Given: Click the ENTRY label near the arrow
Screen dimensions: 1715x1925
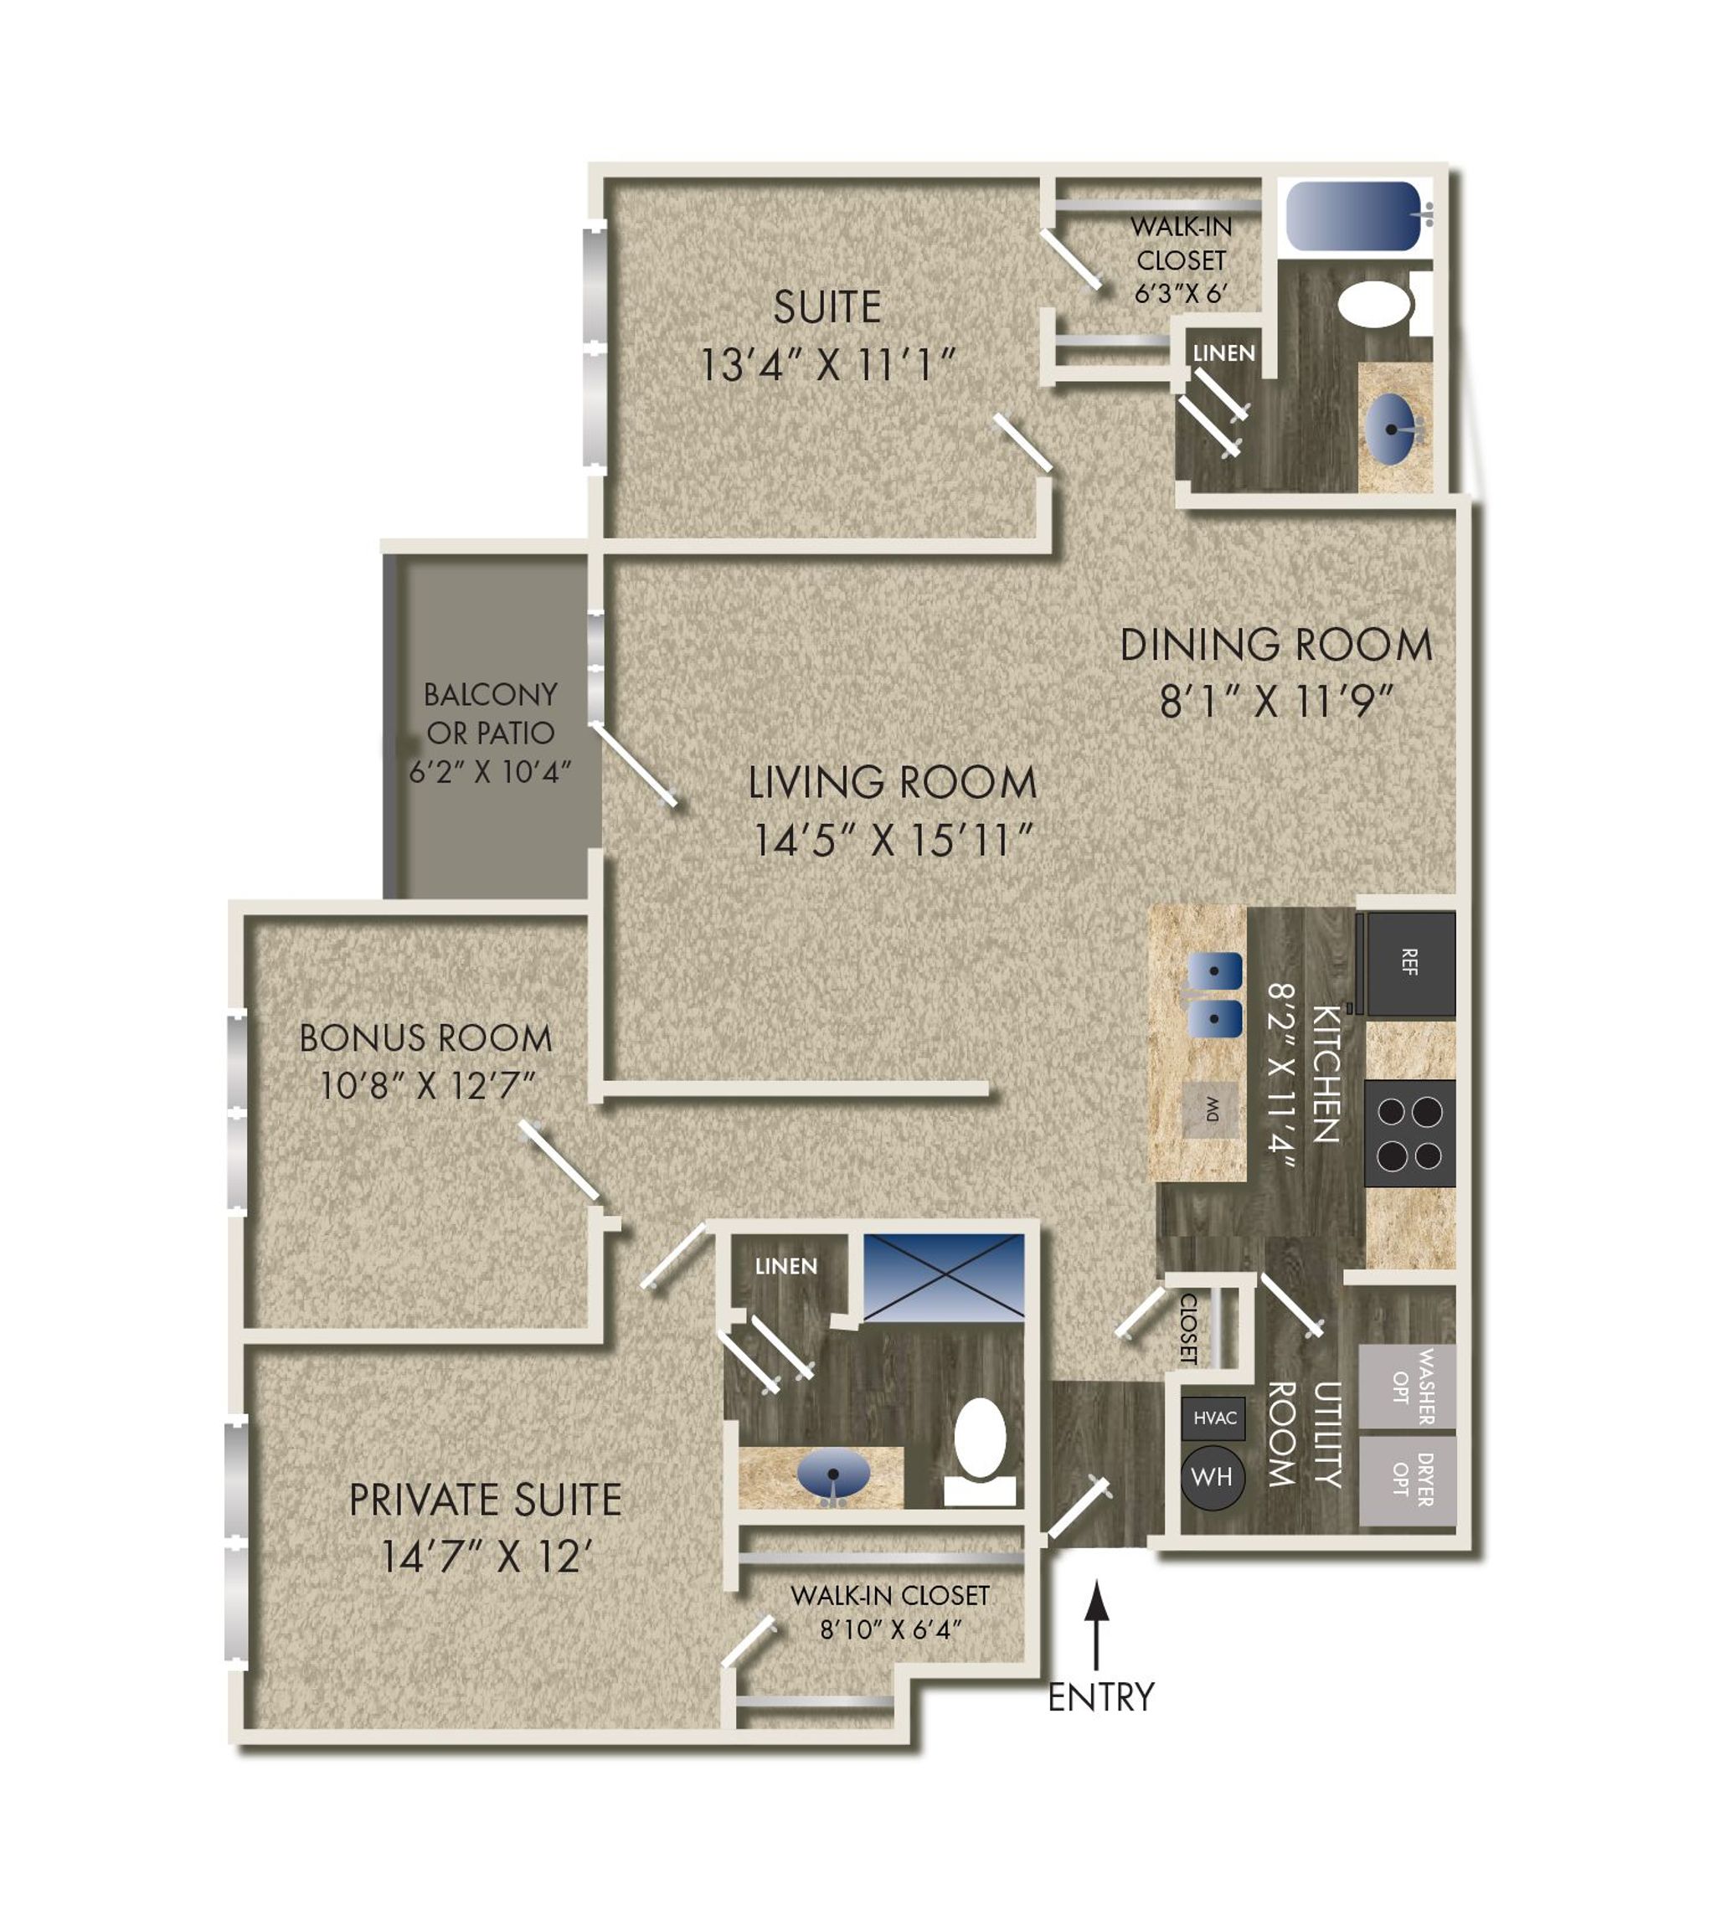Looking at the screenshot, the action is point(1100,1697).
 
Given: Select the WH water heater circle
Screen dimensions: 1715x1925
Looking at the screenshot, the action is point(1212,1476).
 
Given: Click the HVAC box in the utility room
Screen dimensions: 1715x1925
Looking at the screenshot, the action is point(1213,1418).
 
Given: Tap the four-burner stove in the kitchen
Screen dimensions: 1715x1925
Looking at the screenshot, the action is point(1409,1133).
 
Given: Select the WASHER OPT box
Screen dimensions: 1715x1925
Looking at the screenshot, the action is point(1407,1386).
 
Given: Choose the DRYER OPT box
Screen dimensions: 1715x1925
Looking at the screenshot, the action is point(1407,1480).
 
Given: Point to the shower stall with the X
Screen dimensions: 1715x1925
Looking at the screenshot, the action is point(943,1277).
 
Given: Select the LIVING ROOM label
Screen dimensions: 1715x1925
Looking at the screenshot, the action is point(892,783).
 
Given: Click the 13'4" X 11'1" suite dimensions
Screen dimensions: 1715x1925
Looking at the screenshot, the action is point(827,364).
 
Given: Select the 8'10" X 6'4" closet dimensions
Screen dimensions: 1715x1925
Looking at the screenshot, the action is point(890,1629).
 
